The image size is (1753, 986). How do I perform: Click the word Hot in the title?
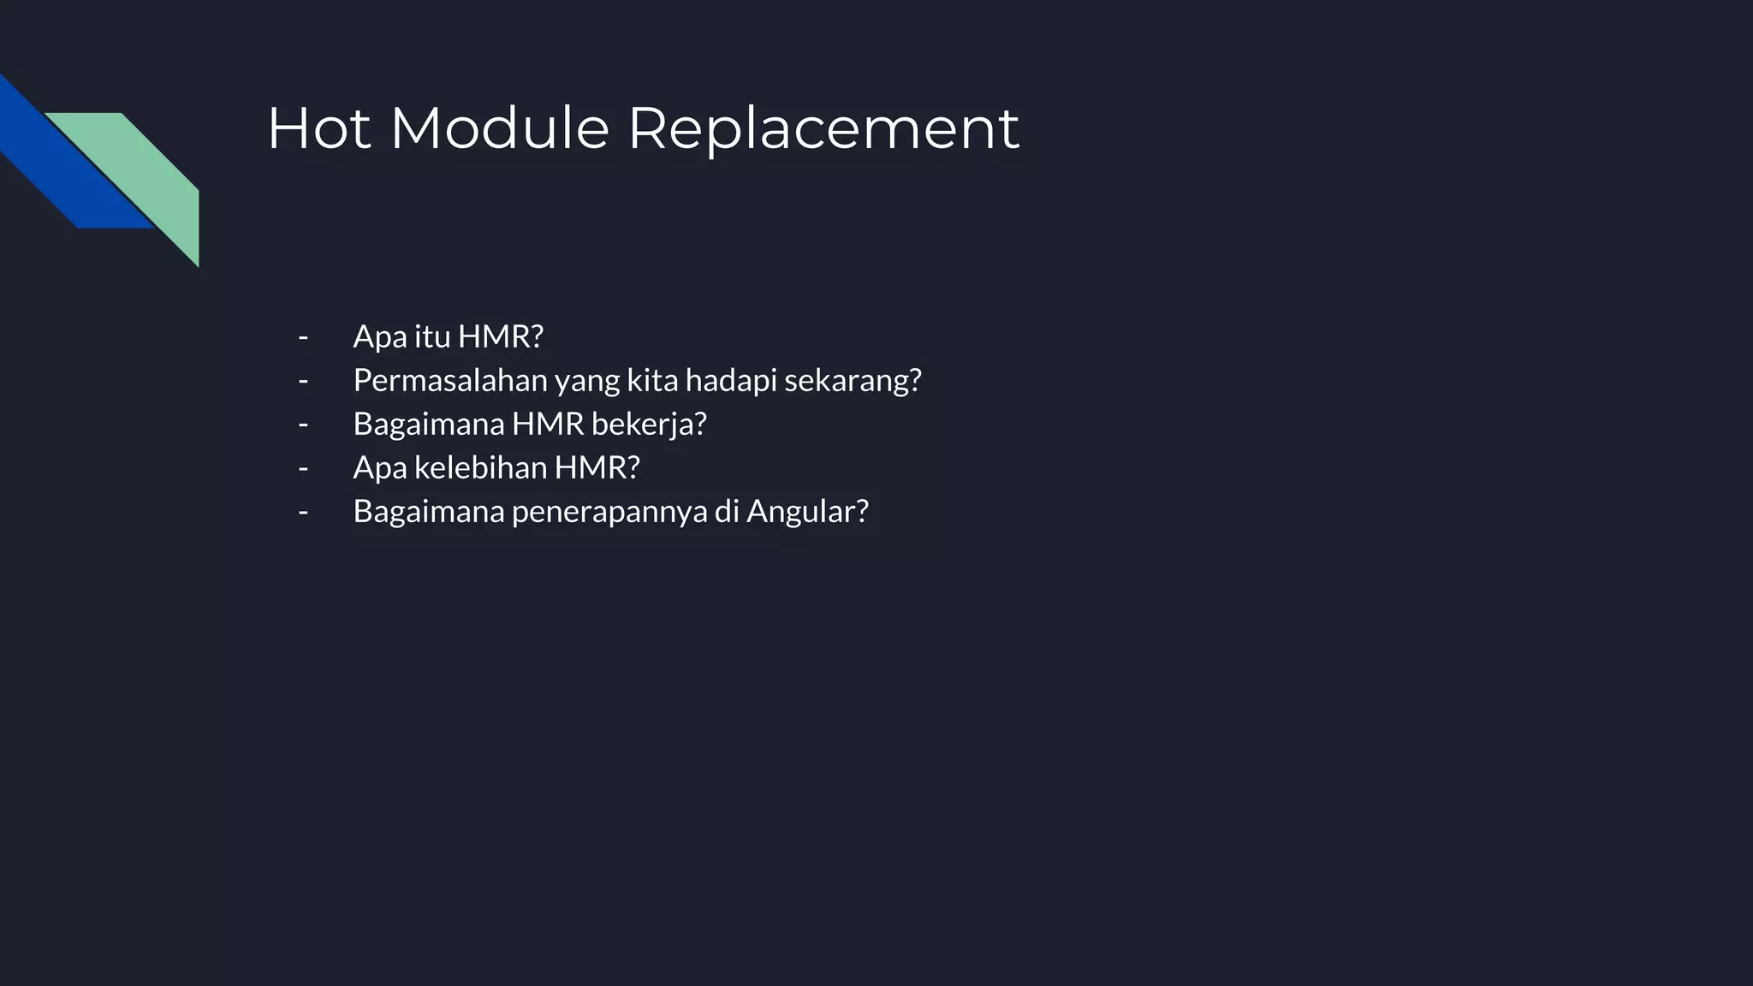[319, 128]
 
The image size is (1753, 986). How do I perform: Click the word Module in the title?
[500, 128]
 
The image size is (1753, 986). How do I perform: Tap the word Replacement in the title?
[823, 128]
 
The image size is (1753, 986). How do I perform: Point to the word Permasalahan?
[450, 380]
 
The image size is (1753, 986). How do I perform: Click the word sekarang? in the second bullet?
[853, 380]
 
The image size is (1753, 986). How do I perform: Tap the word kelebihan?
[480, 467]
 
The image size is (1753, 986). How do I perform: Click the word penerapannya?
[609, 511]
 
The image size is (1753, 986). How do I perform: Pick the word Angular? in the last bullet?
[807, 511]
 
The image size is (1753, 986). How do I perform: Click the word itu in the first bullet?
[432, 336]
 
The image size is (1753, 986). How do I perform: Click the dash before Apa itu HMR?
[303, 336]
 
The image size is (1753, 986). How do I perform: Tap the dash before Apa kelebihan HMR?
[303, 467]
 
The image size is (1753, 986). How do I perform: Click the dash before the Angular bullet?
[303, 511]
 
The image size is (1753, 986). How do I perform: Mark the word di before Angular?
[726, 511]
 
